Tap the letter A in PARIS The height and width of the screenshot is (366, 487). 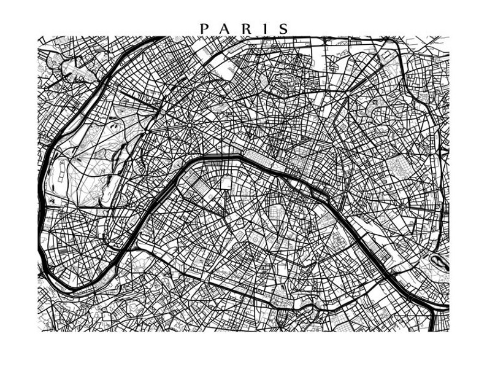tap(224, 29)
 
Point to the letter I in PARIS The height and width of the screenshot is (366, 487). tap(263, 29)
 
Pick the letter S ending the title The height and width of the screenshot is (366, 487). tap(283, 29)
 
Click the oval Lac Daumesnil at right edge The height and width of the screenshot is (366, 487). tap(439, 261)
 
